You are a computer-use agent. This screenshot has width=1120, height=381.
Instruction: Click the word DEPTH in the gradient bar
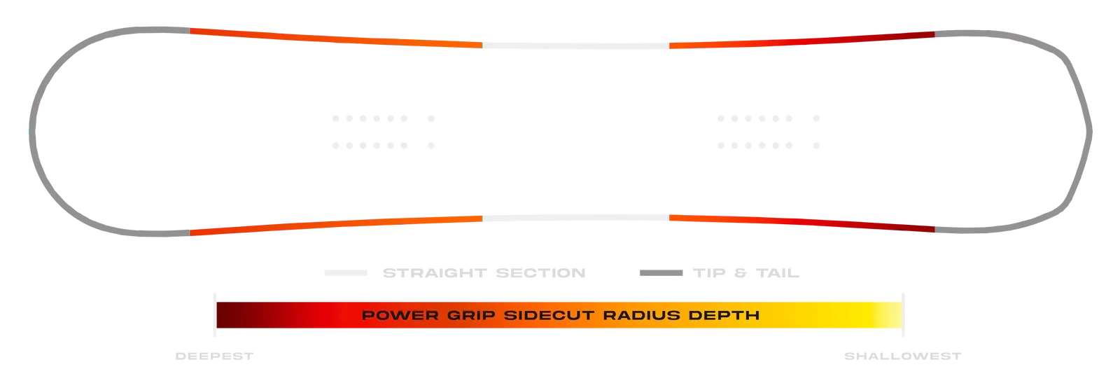tap(726, 314)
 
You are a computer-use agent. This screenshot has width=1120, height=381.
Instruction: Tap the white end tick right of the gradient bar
tap(905, 312)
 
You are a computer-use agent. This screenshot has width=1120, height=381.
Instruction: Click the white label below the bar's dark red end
tap(214, 356)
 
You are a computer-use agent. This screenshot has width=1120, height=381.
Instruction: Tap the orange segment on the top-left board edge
tap(336, 38)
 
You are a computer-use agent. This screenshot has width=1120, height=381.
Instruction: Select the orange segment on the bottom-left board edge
tap(336, 226)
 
